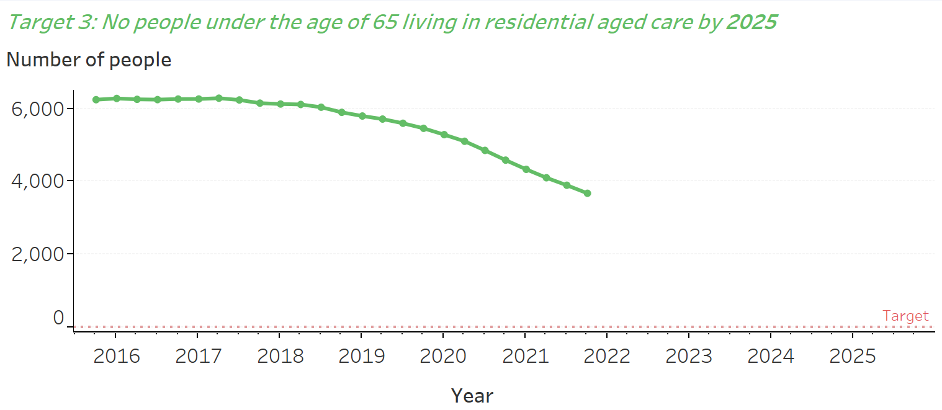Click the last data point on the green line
(587, 194)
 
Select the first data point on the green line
(96, 100)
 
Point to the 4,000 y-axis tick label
(38, 181)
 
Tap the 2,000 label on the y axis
(38, 254)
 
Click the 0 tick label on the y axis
(58, 318)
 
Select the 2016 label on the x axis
(116, 356)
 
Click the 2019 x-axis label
(361, 356)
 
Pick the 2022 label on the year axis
(607, 356)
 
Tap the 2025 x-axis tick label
(852, 356)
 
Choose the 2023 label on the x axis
(689, 356)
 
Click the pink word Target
(905, 316)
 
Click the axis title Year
(472, 395)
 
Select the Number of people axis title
(89, 60)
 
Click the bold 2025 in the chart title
(751, 23)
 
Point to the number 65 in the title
(385, 23)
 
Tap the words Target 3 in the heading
(50, 23)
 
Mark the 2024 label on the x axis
(770, 356)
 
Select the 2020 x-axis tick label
(443, 356)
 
